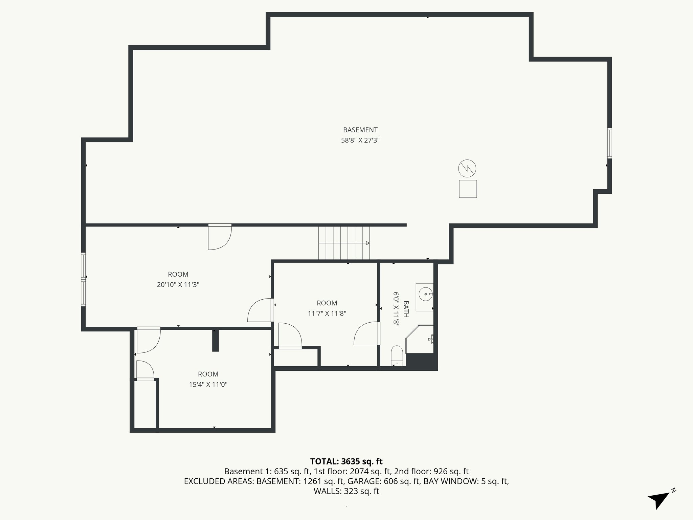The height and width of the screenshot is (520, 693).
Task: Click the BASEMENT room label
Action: coord(360,130)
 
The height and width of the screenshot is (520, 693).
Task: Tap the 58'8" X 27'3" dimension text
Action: coord(360,140)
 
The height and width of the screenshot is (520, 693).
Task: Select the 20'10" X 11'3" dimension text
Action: coord(178,285)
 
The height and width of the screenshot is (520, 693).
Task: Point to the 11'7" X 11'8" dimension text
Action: coord(327,313)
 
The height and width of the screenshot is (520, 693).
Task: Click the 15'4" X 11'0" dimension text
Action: coord(208,385)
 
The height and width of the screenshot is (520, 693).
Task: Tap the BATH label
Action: coord(406,309)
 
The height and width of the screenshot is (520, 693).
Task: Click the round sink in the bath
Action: coord(425,294)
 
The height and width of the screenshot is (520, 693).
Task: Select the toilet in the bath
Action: coord(396,355)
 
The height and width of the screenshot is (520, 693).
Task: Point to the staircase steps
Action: coord(344,243)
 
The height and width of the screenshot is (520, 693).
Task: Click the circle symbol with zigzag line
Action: coord(467,168)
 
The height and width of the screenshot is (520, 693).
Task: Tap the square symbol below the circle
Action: coord(468,189)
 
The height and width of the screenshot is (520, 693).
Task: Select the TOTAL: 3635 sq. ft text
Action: coord(346,461)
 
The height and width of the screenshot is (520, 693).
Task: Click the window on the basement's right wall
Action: coord(609,143)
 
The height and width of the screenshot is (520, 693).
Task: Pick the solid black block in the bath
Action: coord(421,361)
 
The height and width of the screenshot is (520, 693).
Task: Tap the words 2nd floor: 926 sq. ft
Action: coord(431,471)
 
